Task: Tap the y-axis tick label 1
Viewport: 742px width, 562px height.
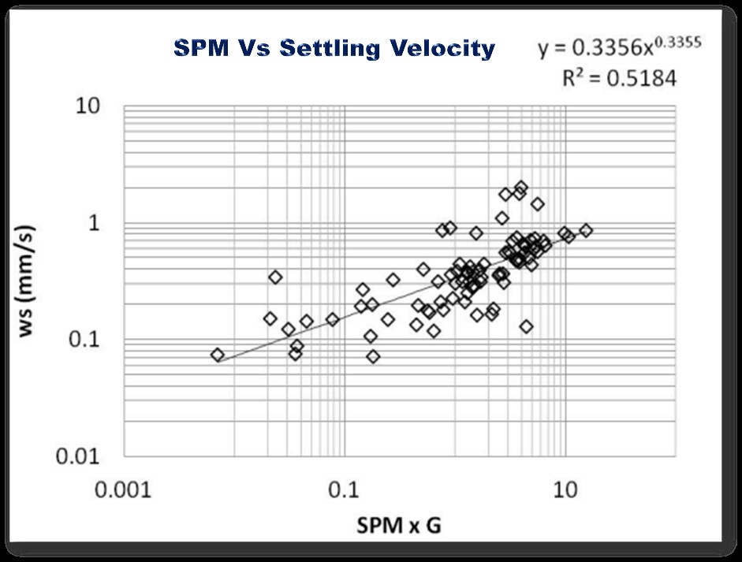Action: click(99, 223)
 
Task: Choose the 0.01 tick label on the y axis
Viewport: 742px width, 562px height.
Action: click(84, 456)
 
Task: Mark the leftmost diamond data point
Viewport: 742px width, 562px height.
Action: click(218, 355)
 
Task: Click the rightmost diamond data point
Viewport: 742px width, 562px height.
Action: click(586, 230)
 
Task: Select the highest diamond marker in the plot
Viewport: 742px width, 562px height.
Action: click(521, 188)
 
